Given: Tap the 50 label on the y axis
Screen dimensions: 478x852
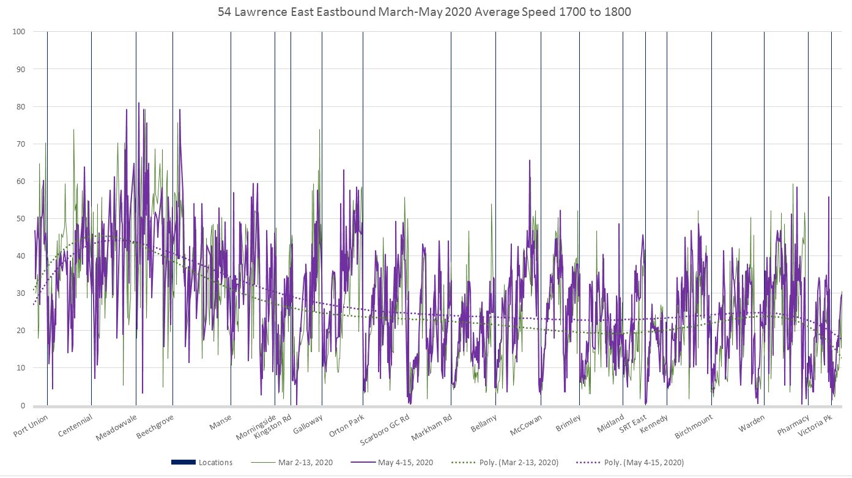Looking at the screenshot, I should click(x=20, y=218).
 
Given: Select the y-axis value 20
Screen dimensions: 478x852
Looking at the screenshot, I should click(x=20, y=331).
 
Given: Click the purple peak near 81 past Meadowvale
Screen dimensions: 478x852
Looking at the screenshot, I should click(x=139, y=103).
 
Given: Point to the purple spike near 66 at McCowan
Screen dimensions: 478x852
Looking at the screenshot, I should click(x=530, y=160).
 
